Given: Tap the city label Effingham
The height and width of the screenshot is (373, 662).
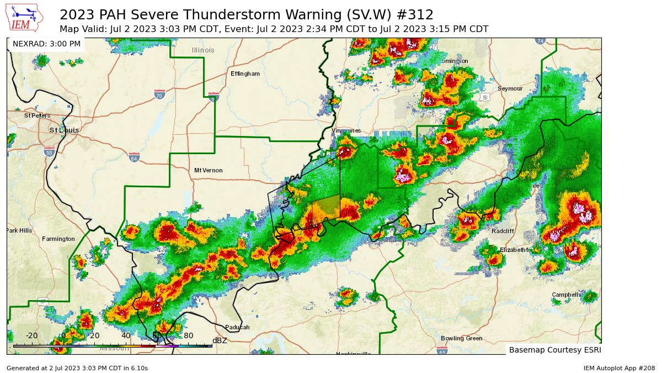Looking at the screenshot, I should pos(245,73).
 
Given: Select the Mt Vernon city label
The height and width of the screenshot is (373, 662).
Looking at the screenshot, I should pos(209,170).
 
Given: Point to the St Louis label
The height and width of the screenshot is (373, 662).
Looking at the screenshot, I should pos(64,130).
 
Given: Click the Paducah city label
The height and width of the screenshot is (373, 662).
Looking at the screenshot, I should pos(237,327).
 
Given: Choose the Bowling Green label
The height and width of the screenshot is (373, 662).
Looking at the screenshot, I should pos(461,338).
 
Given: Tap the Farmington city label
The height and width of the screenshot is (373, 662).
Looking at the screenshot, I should pos(58,239).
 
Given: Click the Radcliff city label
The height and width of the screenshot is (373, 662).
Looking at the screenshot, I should pos(503,231).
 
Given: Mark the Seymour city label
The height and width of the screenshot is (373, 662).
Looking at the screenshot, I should pos(510,88).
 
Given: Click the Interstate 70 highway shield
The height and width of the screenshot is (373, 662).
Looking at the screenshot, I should pos(159,94).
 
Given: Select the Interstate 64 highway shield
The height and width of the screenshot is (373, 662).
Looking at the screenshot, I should pos(134,157).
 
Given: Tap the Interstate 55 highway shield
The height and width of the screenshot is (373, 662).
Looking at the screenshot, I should pos(49,152).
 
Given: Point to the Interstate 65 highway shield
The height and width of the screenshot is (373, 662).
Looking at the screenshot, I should pos(442,350).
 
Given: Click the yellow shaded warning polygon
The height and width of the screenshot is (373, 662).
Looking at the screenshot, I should pos(325,209).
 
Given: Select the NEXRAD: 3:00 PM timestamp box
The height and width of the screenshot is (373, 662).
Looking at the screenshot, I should pos(46,44).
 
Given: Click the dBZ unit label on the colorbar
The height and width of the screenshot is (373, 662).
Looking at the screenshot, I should pos(220,340).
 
